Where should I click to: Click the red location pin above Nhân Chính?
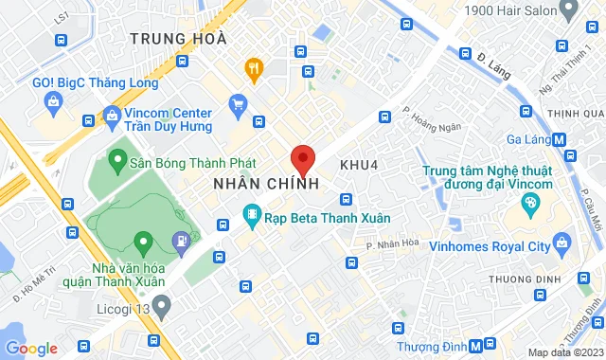pos(302,159)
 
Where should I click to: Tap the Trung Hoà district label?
pos(179,39)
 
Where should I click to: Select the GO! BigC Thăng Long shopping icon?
pos(48,101)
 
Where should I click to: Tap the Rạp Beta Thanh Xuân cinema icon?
pos(251,217)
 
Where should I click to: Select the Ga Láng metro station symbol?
pos(560,139)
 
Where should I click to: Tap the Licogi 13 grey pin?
pos(161,306)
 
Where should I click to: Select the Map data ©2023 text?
pos(562,352)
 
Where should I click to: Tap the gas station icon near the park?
pos(181,242)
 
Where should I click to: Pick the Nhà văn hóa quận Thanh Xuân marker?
pos(143,243)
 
